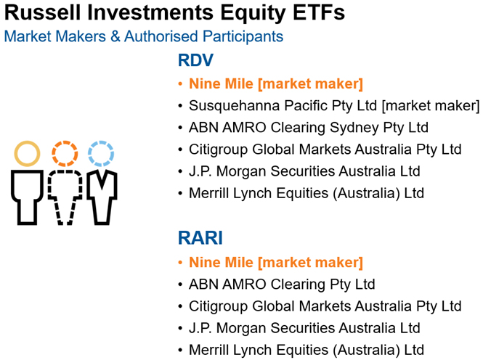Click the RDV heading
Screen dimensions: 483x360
click(195, 60)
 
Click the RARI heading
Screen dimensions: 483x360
click(200, 238)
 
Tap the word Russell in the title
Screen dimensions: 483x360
click(43, 12)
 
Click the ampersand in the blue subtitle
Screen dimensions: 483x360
click(115, 36)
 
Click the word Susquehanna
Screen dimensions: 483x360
click(234, 106)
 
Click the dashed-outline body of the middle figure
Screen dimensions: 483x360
click(50, 184)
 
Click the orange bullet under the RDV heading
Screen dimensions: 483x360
click(181, 84)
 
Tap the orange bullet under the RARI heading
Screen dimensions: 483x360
click(181, 263)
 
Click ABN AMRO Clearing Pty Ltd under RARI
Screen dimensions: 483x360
click(282, 285)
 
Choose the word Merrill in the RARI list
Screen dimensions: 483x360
click(208, 350)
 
